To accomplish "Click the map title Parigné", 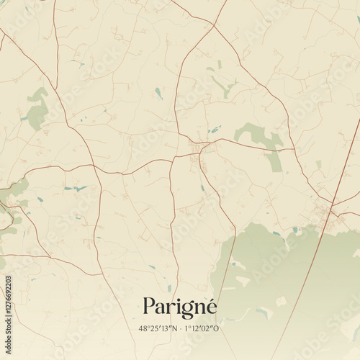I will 179,307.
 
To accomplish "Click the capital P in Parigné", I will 149,306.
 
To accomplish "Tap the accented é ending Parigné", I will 210,306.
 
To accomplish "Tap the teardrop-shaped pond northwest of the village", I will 158,93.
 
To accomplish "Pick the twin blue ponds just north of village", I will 215,130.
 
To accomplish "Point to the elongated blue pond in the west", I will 75,189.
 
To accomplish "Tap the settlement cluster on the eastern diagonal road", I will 324,209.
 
